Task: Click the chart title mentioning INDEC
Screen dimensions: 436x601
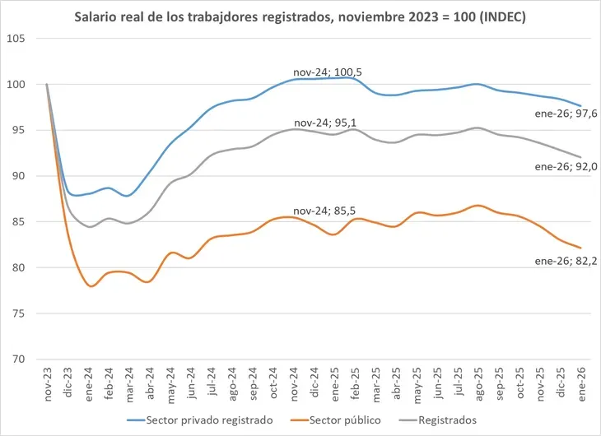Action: point(300,16)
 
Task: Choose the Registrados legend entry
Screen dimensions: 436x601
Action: point(442,420)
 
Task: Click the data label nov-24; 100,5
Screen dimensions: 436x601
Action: point(328,72)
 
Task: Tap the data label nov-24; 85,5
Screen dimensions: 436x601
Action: point(328,210)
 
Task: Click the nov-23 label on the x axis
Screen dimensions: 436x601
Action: point(47,383)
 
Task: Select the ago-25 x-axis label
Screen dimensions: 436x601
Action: point(478,383)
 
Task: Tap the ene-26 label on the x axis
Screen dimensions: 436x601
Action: point(581,383)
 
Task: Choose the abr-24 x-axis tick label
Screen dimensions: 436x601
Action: point(149,383)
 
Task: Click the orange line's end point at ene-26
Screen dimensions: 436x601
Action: point(580,248)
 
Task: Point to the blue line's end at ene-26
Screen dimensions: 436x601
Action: point(580,106)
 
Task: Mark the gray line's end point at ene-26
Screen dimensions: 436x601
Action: point(580,157)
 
